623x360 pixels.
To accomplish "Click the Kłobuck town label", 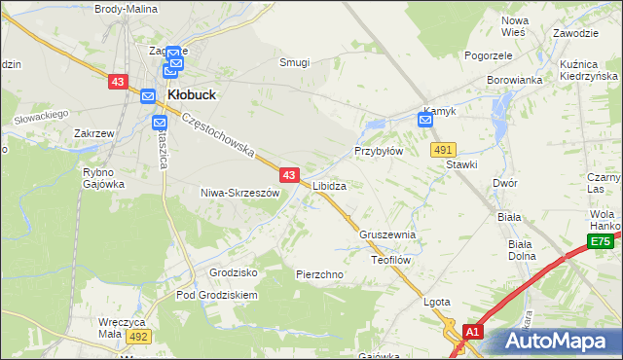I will (x=192, y=94).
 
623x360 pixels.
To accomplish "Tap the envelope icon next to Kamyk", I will (x=425, y=120).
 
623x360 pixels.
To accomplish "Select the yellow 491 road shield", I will (x=443, y=149).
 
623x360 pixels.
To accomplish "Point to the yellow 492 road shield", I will (x=137, y=336).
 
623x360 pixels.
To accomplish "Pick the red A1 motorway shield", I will (x=473, y=332).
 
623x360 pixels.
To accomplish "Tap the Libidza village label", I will (x=330, y=185).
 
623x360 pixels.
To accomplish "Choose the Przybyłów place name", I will (x=379, y=152).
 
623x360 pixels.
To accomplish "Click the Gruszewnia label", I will (x=387, y=235).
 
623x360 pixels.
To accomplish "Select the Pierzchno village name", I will (x=319, y=274).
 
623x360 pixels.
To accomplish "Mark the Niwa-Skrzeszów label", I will (x=239, y=193).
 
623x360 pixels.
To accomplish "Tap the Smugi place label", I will (x=294, y=62).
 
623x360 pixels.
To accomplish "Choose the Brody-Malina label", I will (x=128, y=8).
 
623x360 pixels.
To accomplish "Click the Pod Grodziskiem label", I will (x=216, y=295).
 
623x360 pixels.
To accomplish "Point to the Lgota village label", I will (x=437, y=302).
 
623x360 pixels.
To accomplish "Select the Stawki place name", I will (x=461, y=164).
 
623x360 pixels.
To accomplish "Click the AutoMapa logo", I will (x=557, y=341).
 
